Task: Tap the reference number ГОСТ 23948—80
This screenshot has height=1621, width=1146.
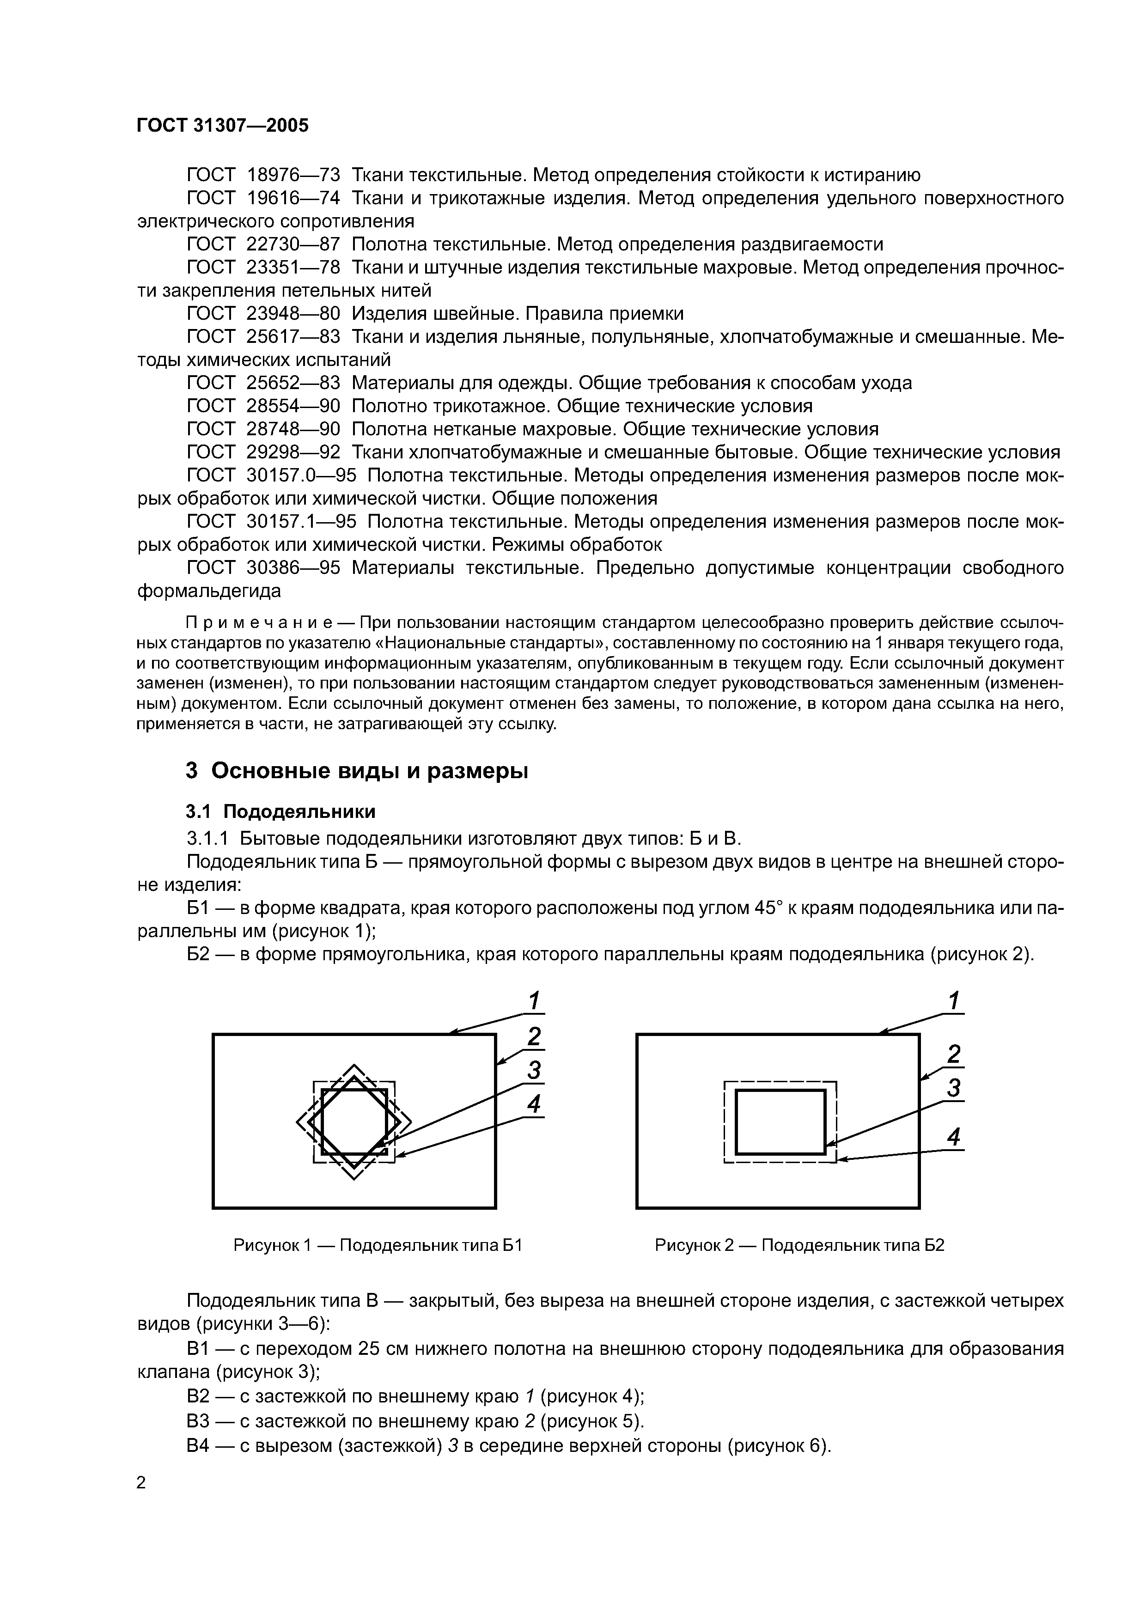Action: pos(263,313)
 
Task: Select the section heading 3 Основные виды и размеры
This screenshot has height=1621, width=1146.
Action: pos(357,770)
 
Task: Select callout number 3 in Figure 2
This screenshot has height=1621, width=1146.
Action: pos(953,1089)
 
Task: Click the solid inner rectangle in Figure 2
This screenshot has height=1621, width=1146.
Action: pos(780,1091)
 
